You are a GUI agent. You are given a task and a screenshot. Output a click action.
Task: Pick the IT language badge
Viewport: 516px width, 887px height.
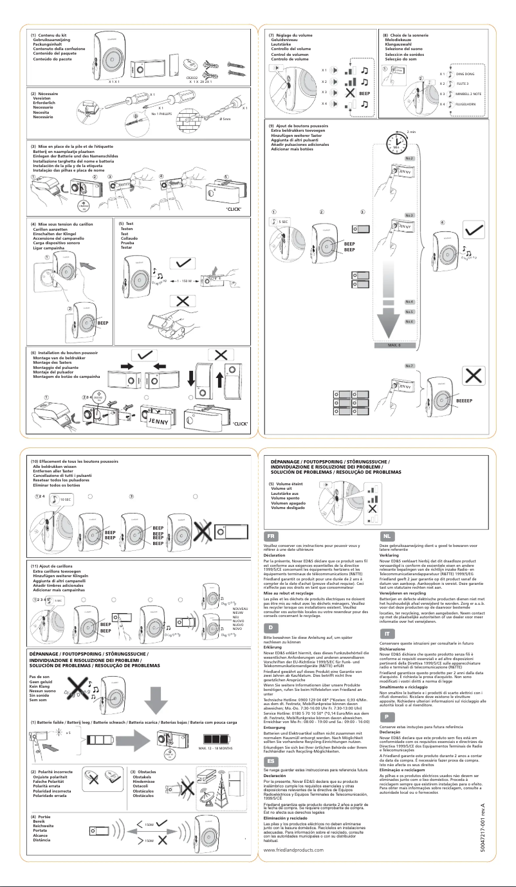tap(386, 616)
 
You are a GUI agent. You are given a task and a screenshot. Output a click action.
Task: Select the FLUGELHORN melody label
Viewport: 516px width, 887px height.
tap(466, 103)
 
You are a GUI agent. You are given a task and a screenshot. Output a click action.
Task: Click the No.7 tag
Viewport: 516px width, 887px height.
tap(409, 366)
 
